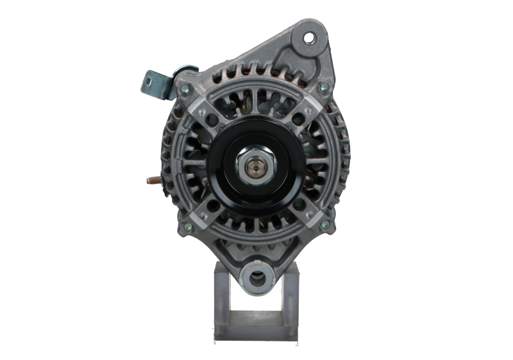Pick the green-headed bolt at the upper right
[324, 88]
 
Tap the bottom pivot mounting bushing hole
[256, 279]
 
